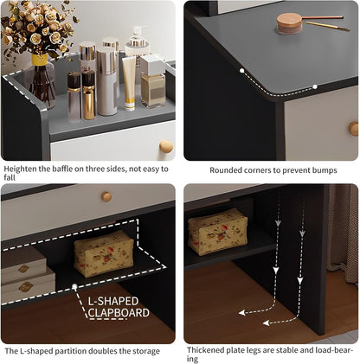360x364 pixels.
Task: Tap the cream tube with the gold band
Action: [129, 82]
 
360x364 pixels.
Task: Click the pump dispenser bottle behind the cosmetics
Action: [137, 48]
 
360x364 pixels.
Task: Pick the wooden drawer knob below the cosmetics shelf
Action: [165, 147]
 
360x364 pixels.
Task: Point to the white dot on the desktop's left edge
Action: [241, 69]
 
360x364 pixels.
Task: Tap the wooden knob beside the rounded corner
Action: [354, 128]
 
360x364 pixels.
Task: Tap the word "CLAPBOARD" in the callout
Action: [119, 312]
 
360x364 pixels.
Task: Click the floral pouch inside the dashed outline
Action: [103, 253]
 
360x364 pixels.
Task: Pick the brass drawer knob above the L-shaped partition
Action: [106, 197]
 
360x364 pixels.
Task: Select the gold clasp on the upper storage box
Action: [24, 265]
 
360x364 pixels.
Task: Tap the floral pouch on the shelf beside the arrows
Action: [218, 231]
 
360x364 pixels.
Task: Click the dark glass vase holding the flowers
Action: [42, 82]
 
